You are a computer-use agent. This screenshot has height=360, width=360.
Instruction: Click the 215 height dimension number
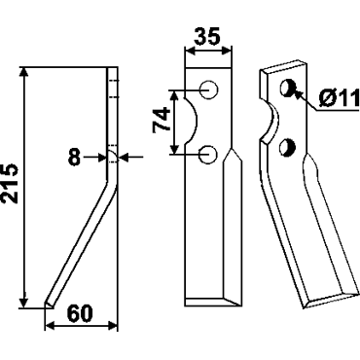[10, 184]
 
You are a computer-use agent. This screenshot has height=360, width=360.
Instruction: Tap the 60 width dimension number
[80, 313]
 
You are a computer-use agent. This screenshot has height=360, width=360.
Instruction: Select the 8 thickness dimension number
[74, 158]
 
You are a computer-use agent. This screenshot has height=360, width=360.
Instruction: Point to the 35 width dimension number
[207, 36]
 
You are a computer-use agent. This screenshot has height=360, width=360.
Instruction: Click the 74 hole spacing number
[162, 119]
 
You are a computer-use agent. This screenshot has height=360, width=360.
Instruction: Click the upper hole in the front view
[208, 90]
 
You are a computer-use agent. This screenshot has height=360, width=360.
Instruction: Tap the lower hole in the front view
[208, 155]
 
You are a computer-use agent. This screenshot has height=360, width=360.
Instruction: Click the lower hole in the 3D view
[287, 147]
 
